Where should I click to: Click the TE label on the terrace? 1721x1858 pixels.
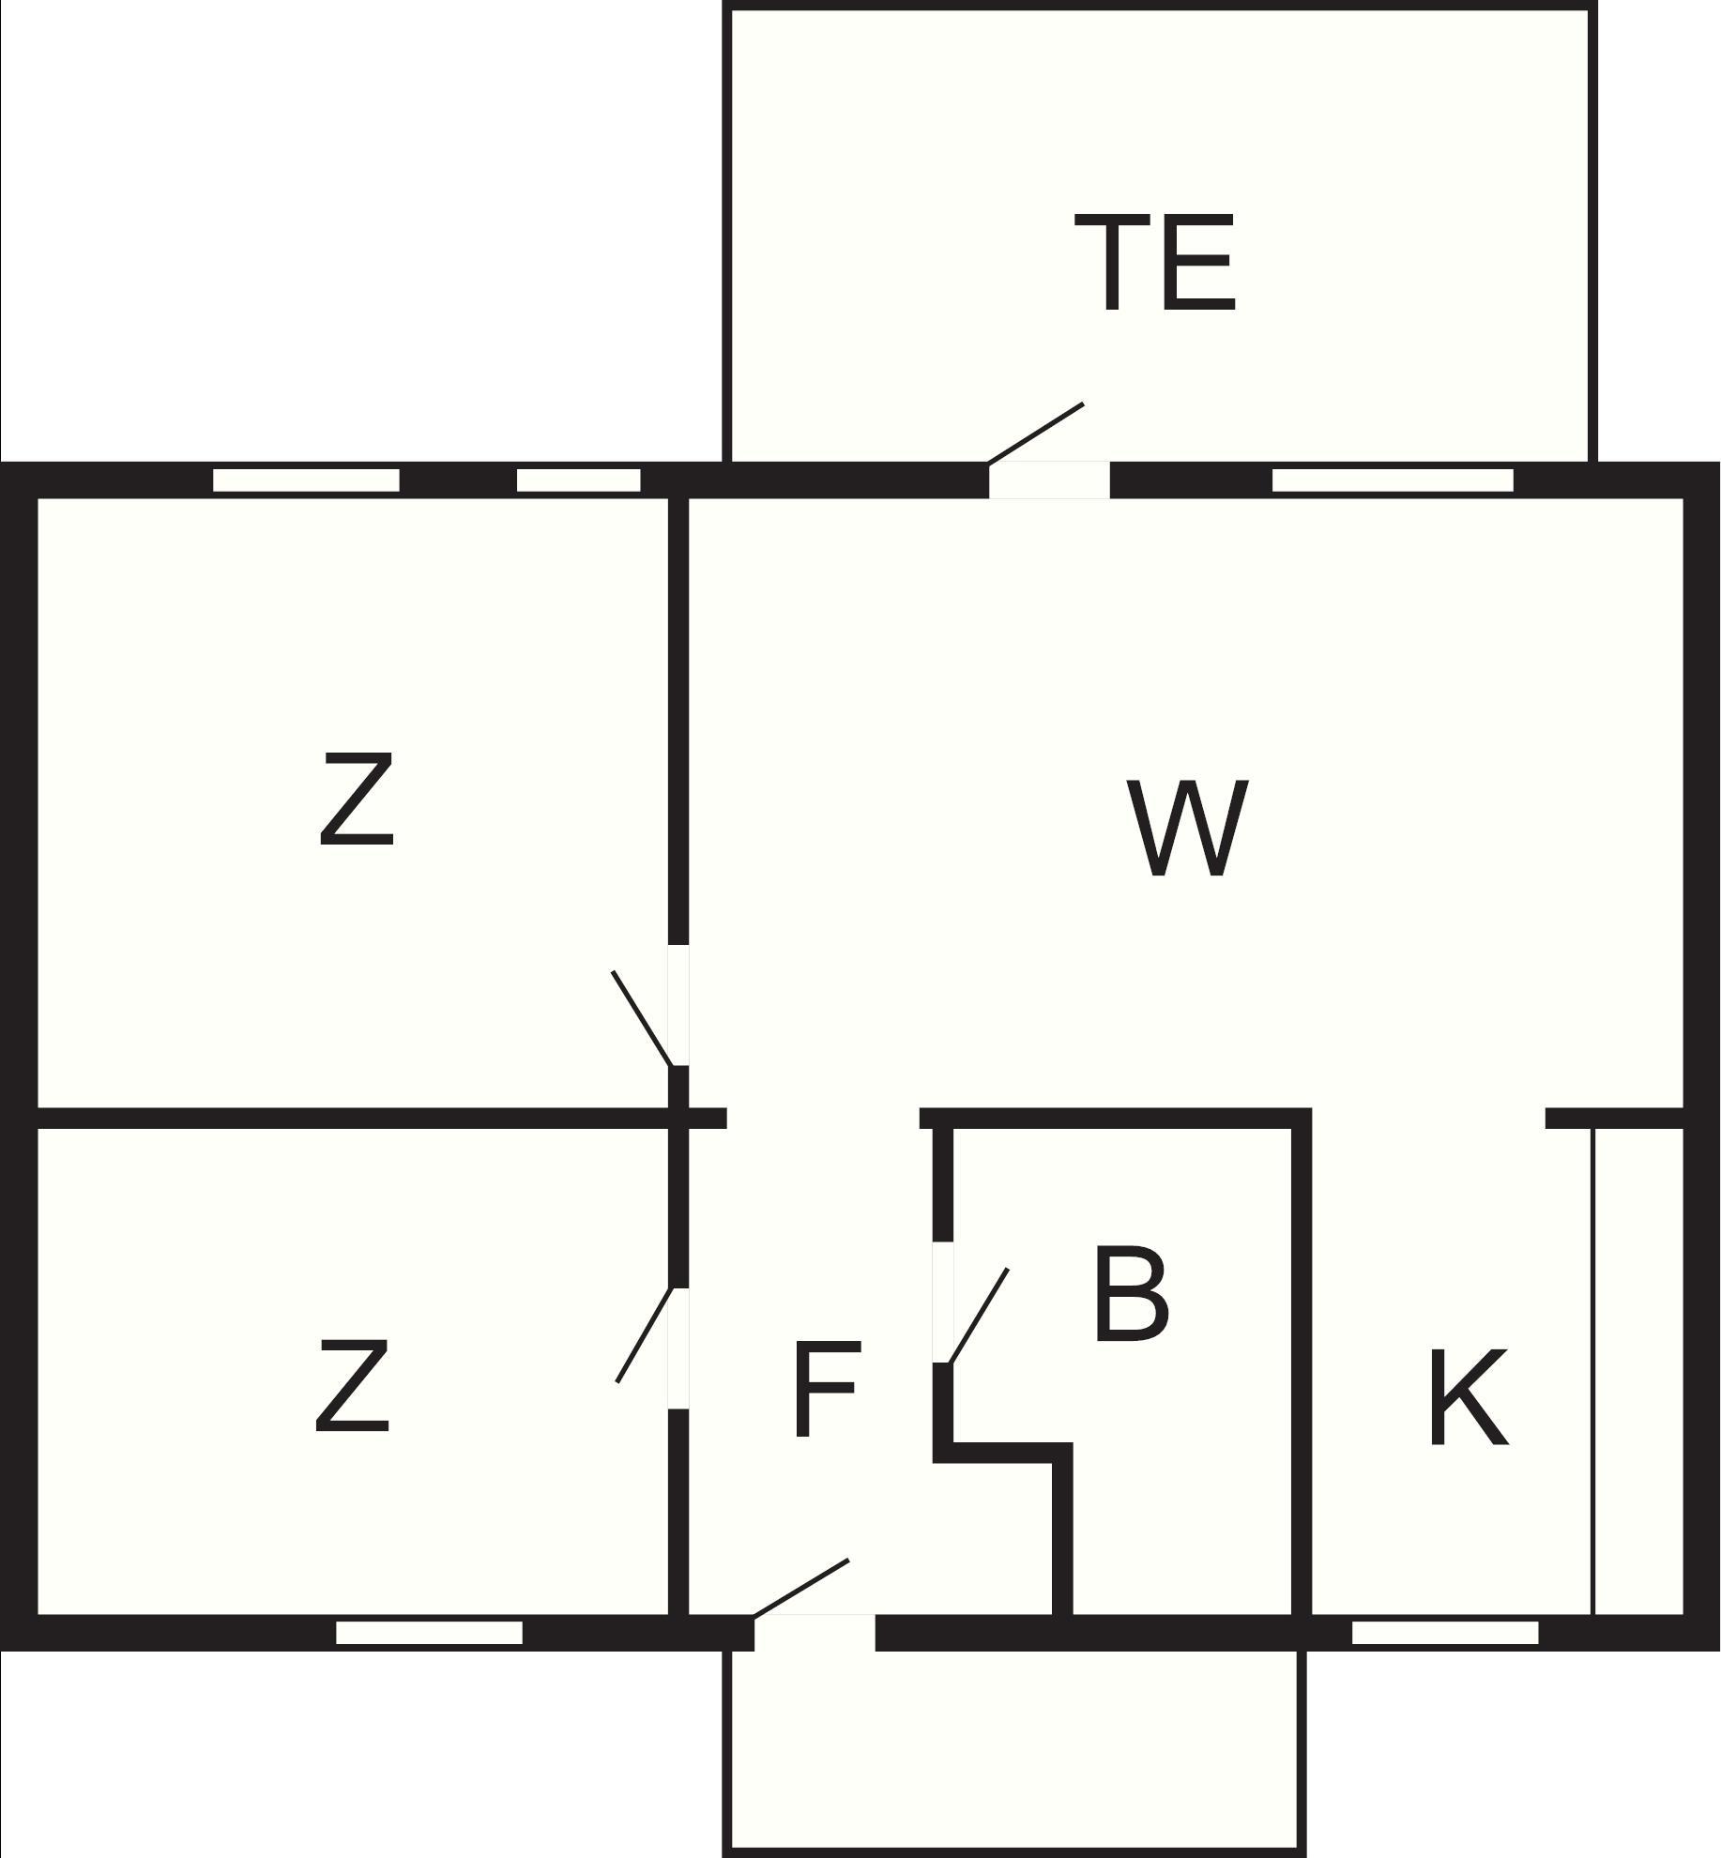coord(1154,263)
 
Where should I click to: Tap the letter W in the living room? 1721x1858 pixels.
coord(1187,829)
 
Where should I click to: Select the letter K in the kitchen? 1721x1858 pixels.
coord(1468,1397)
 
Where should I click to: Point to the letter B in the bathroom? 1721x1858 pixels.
coord(1132,1293)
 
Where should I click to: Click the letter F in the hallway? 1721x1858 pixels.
coord(826,1389)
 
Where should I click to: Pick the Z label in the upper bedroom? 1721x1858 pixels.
coord(357,800)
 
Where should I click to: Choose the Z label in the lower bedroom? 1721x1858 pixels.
coord(352,1385)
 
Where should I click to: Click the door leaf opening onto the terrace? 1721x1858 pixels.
coord(1036,434)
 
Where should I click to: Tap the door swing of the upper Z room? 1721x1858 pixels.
coord(643,1019)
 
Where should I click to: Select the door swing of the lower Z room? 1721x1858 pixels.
coord(645,1334)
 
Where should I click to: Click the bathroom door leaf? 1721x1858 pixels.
coord(979,1316)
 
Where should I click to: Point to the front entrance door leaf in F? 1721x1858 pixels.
coord(801,1589)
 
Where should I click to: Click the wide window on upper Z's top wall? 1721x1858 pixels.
coord(306,480)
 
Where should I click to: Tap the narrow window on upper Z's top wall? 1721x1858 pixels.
coord(579,480)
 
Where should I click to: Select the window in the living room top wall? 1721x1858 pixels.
coord(1393,480)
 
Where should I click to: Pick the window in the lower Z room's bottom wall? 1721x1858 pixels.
coord(429,1633)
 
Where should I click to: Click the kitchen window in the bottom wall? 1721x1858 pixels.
coord(1445,1633)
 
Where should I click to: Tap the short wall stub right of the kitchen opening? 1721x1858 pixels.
coord(1615,1118)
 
